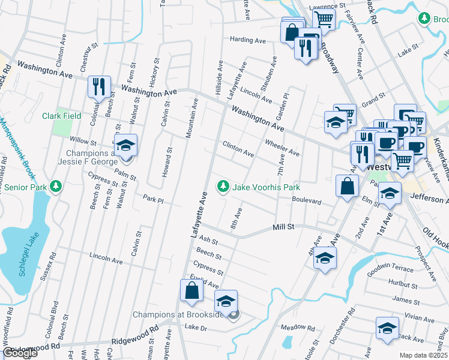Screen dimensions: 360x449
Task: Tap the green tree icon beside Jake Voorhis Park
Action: click(223, 187)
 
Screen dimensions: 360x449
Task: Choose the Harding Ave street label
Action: click(247, 40)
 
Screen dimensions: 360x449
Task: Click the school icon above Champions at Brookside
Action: click(226, 301)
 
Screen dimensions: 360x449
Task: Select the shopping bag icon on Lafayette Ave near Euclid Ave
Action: click(191, 291)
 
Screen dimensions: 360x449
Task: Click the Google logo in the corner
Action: click(20, 353)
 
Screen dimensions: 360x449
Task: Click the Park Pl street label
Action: click(153, 197)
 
